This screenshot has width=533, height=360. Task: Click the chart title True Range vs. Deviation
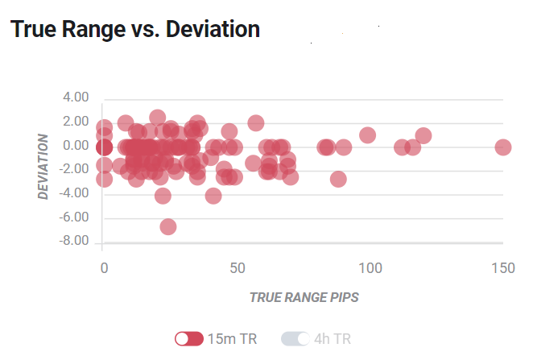point(135,29)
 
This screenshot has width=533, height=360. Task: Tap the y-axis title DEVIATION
point(43,166)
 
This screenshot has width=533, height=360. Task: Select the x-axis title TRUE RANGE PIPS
point(304,297)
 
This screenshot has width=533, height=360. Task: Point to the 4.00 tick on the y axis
point(76,97)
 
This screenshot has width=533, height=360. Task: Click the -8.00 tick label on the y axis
point(74,241)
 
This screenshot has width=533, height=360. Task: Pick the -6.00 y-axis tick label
point(74,217)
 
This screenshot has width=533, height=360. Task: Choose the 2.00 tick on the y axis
point(76,122)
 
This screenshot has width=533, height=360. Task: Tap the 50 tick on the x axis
point(238,268)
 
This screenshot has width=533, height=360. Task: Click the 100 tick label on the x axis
point(370,268)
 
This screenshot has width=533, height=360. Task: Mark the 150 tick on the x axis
point(503,268)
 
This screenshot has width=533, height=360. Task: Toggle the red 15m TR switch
point(189,338)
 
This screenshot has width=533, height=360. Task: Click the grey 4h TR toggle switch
point(295,338)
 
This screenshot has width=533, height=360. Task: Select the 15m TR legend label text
point(232,339)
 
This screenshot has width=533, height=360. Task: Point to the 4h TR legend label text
point(333,339)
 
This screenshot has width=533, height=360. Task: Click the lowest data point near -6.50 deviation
point(168,227)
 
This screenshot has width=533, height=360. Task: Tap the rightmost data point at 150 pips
point(503,147)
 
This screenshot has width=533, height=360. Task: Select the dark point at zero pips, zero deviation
point(104,147)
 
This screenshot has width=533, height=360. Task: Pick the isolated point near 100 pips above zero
point(367,135)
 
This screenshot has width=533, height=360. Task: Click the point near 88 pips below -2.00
point(338,179)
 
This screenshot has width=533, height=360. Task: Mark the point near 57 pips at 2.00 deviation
point(256,123)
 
